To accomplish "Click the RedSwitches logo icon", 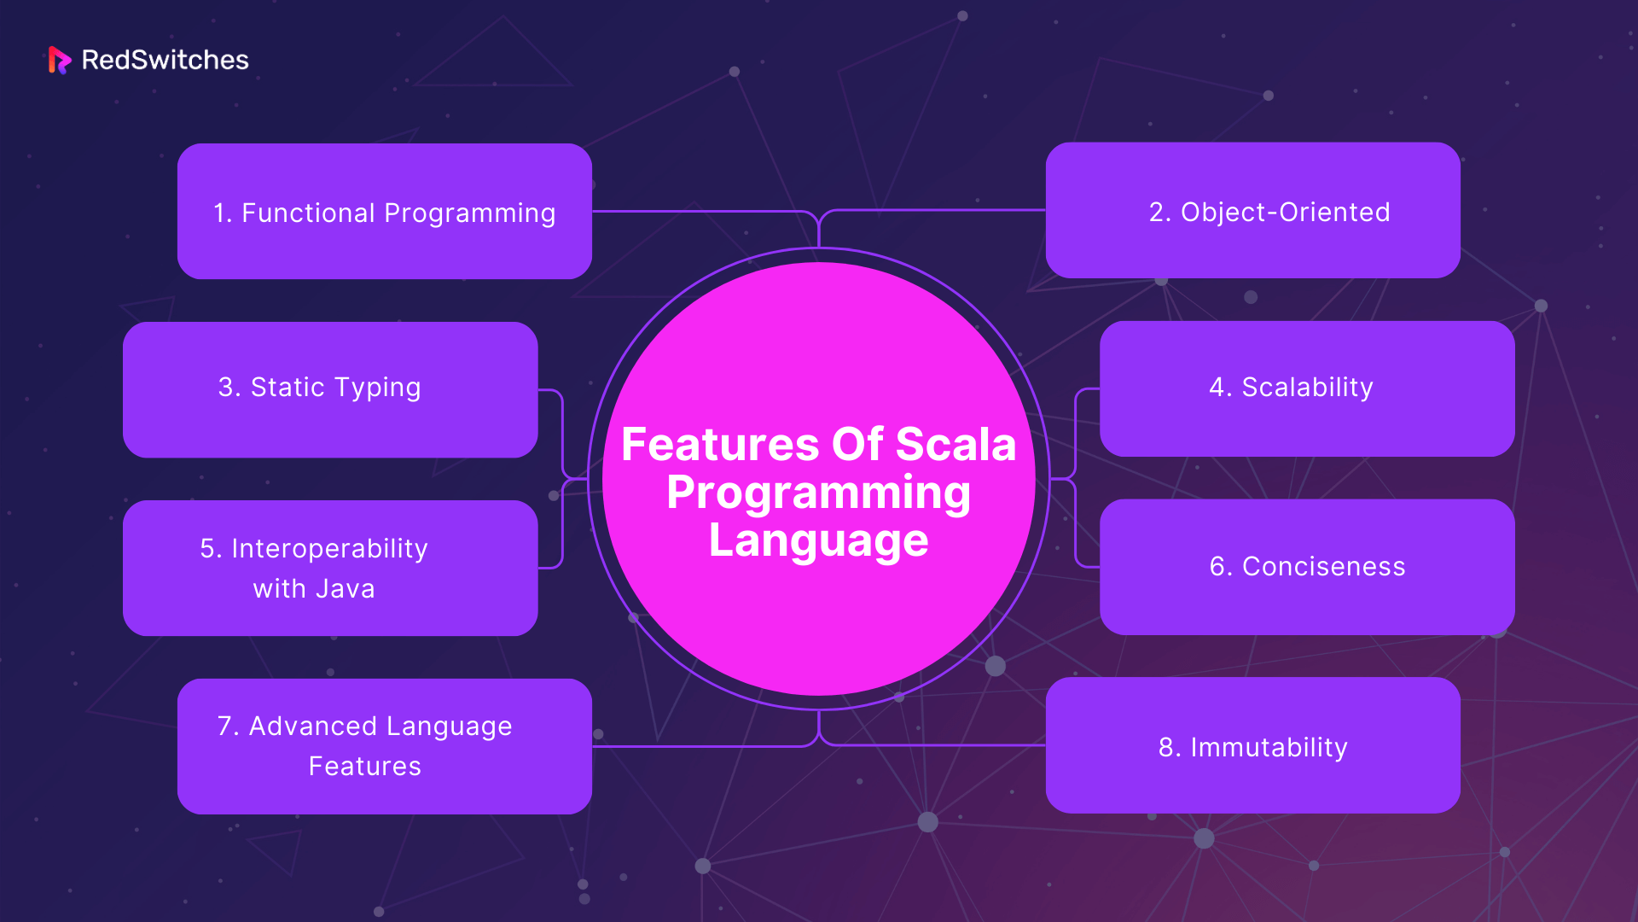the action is tap(60, 60).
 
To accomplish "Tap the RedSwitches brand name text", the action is tap(165, 60).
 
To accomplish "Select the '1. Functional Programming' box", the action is tap(385, 211).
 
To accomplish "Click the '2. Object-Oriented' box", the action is tap(1253, 210).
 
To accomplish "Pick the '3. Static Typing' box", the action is tap(330, 389).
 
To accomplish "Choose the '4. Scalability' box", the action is tap(1307, 388).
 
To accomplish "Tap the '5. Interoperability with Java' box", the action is tap(330, 568).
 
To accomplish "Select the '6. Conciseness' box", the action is tap(1307, 567).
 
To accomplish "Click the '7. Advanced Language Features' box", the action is tap(385, 746).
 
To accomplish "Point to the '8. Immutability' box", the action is tap(1253, 745).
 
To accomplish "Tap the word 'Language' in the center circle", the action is tap(819, 542).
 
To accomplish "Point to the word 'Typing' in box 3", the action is tap(378, 388).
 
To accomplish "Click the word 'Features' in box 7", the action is tap(365, 767).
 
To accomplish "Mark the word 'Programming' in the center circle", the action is tap(819, 494).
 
